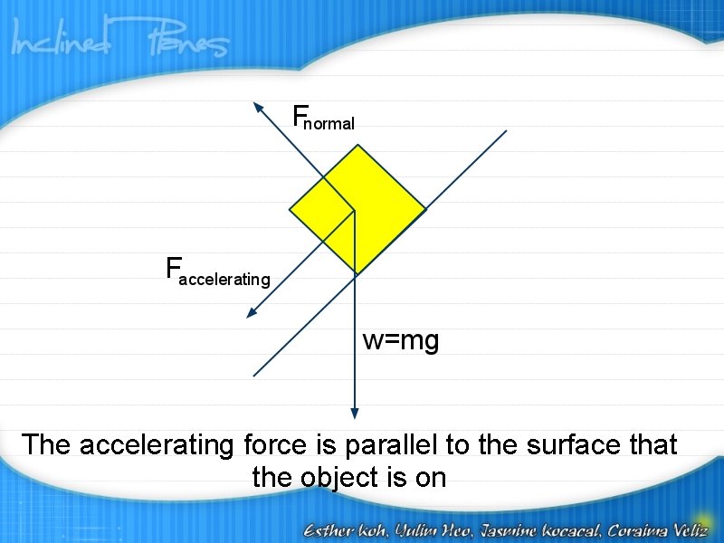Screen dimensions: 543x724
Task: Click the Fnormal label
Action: click(323, 119)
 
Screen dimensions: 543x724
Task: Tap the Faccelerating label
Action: click(217, 271)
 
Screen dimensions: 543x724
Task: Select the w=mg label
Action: click(401, 341)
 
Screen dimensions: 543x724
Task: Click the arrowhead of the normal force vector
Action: click(256, 106)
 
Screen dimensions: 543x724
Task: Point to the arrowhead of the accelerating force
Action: click(251, 314)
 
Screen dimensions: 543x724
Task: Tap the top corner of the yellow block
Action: click(357, 145)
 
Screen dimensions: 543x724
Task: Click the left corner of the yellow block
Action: click(291, 210)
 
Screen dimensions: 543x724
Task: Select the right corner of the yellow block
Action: click(425, 210)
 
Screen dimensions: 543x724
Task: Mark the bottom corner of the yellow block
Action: click(357, 273)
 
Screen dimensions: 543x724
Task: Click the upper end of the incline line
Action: click(505, 131)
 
